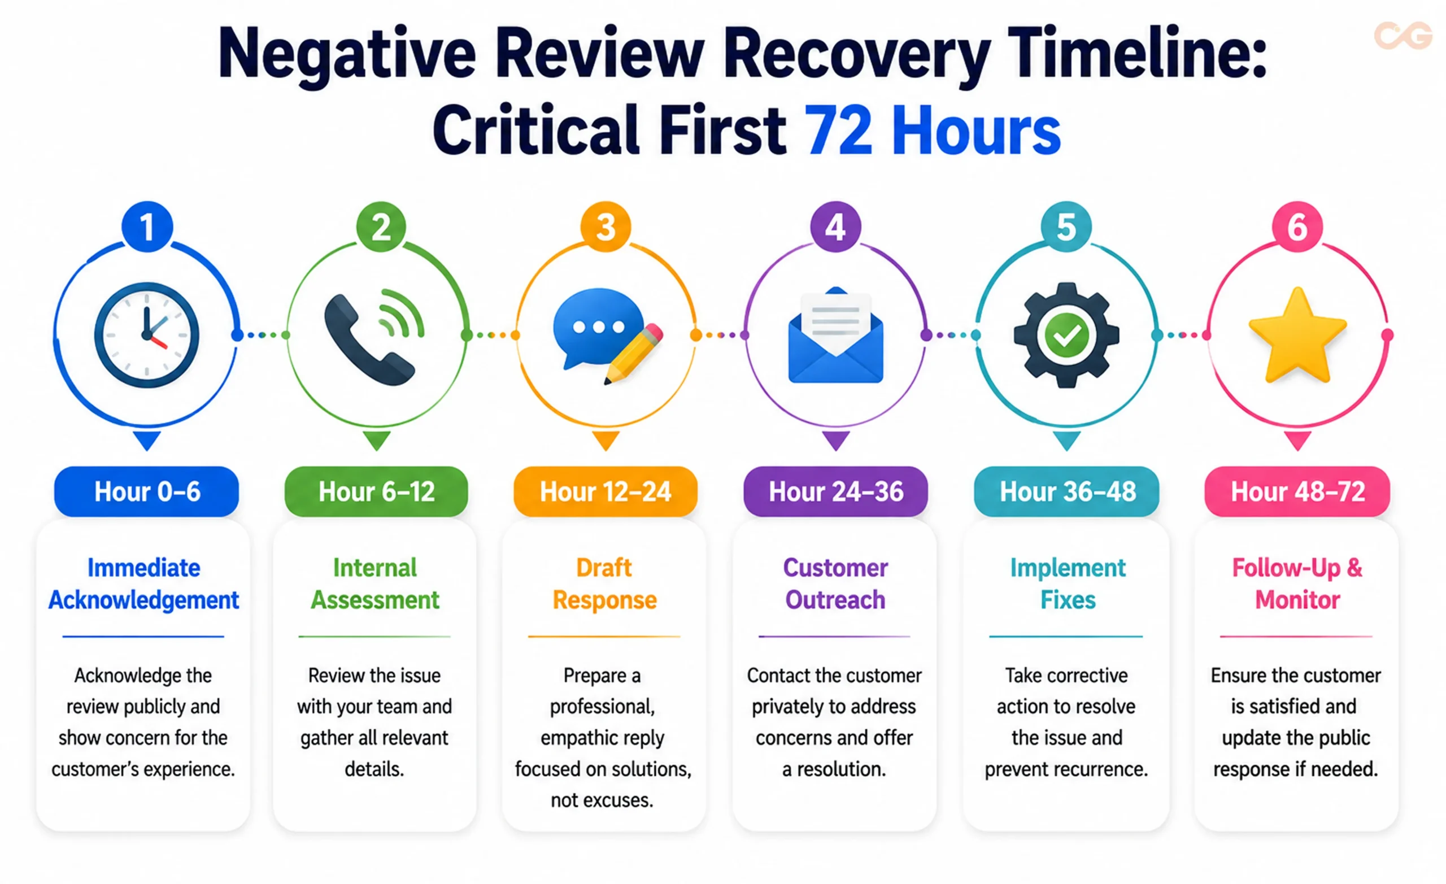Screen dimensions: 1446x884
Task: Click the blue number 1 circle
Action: [x=147, y=227]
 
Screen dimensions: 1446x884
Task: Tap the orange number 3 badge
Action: [x=606, y=227]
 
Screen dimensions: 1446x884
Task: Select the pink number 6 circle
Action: [x=1297, y=227]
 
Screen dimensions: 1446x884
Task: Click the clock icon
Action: [x=147, y=335]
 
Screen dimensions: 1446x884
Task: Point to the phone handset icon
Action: [x=370, y=340]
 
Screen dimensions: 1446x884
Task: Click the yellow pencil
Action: [x=634, y=355]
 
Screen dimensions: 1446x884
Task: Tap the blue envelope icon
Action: [x=835, y=335]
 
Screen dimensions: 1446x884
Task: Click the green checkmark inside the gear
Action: [x=1066, y=335]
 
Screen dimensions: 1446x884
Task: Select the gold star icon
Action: [x=1297, y=335]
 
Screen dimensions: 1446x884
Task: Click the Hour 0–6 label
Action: [x=147, y=491]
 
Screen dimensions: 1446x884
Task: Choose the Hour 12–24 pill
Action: [x=606, y=491]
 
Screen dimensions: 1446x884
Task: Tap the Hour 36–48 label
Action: [x=1067, y=491]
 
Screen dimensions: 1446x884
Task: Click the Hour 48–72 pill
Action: [x=1297, y=491]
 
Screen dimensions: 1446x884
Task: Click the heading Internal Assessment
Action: [x=375, y=583]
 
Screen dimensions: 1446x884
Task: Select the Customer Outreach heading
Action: [x=835, y=583]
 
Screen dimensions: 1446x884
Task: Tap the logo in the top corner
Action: [x=1403, y=35]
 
